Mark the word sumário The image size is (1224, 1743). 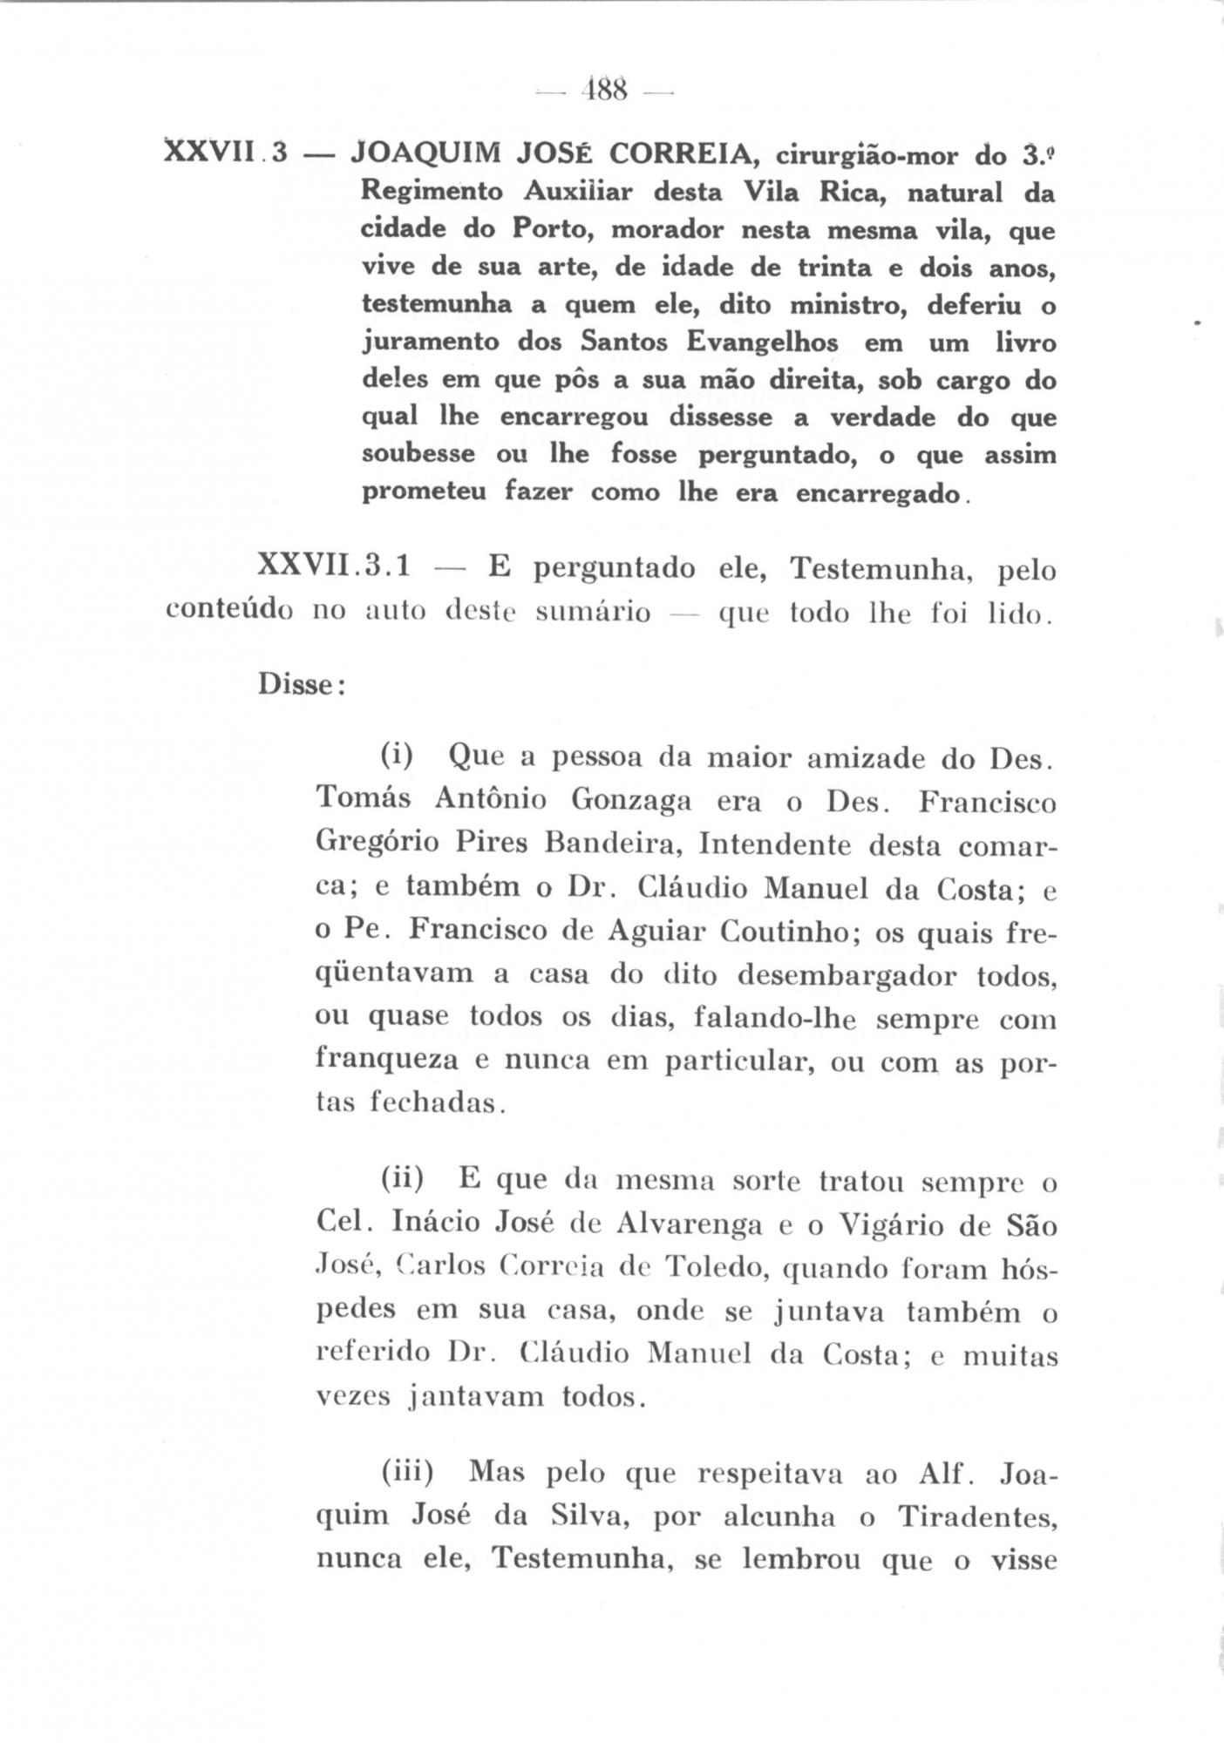tap(593, 613)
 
